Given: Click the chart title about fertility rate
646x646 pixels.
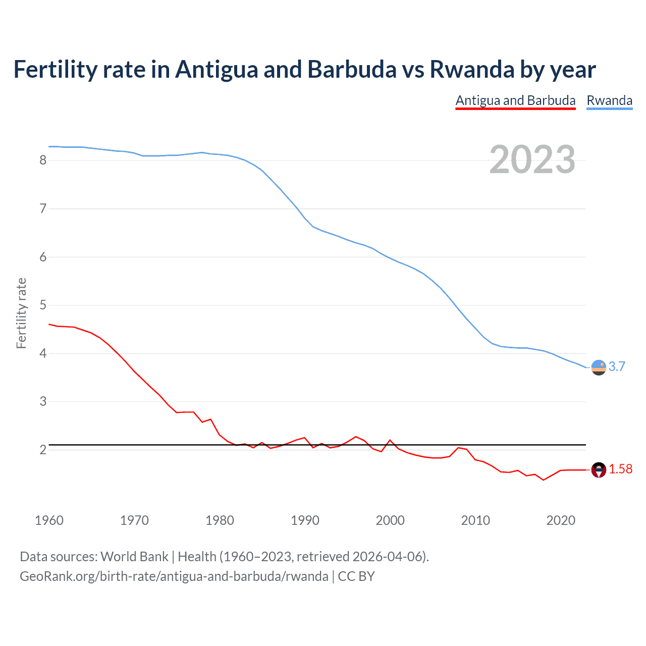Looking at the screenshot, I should coord(304,69).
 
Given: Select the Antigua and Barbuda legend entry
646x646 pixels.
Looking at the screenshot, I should coord(515,100).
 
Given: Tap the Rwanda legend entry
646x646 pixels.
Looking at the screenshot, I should coord(609,100).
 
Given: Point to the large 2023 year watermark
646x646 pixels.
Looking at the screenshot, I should coord(532,159).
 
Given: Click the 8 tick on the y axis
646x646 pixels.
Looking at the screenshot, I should coord(43,160).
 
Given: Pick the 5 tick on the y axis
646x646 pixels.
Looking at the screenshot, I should coord(43,305).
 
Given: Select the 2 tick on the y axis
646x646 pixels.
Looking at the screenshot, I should coord(43,450).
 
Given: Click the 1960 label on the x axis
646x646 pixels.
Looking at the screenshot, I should coord(49,520).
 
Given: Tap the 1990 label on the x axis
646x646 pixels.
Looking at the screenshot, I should coord(305,520).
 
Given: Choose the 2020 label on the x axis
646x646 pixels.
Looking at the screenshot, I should coord(561,520).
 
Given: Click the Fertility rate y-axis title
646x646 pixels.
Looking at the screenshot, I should coord(21,313).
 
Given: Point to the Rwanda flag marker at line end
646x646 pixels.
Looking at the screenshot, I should coord(599,367).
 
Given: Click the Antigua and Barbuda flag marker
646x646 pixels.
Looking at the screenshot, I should coord(599,470).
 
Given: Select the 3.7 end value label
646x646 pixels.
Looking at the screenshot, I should coord(617,367).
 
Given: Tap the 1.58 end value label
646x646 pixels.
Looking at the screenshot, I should coord(620,469).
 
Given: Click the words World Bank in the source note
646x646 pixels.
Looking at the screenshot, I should coord(134,557).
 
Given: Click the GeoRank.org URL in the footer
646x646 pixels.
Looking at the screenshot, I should coord(174,576).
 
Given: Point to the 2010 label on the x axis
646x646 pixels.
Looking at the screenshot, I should coord(475,520).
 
